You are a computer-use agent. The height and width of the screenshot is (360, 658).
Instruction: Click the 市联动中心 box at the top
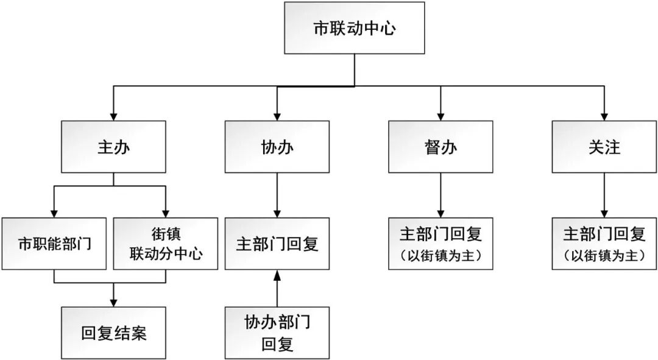tap(354, 27)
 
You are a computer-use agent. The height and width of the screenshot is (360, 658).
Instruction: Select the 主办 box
tap(113, 147)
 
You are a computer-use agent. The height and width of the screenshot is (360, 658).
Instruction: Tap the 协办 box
tap(277, 147)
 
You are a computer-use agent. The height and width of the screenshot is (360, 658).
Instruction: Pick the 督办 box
tap(440, 147)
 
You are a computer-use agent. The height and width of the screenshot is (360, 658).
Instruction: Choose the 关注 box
tap(604, 147)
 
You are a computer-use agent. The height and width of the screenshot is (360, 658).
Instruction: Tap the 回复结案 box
tap(113, 333)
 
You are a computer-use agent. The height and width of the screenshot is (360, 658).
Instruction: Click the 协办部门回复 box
tap(277, 333)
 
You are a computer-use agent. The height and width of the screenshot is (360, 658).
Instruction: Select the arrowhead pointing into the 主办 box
tap(113, 116)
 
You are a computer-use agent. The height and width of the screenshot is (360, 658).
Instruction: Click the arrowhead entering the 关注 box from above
tap(604, 116)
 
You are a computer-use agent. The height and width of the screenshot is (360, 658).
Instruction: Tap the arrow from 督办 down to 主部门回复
tap(440, 195)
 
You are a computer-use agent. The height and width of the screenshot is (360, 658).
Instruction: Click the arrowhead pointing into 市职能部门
tap(55, 213)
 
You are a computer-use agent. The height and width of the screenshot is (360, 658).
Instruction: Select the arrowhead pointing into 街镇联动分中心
tap(166, 213)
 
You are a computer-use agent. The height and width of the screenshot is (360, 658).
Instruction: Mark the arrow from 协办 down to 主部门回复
tap(277, 195)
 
